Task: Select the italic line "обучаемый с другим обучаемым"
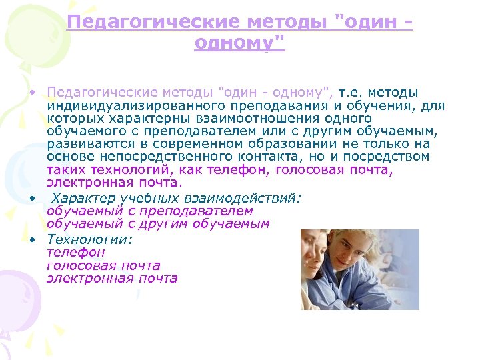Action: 158,224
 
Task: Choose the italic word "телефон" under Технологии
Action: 75,253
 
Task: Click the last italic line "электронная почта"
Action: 112,278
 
